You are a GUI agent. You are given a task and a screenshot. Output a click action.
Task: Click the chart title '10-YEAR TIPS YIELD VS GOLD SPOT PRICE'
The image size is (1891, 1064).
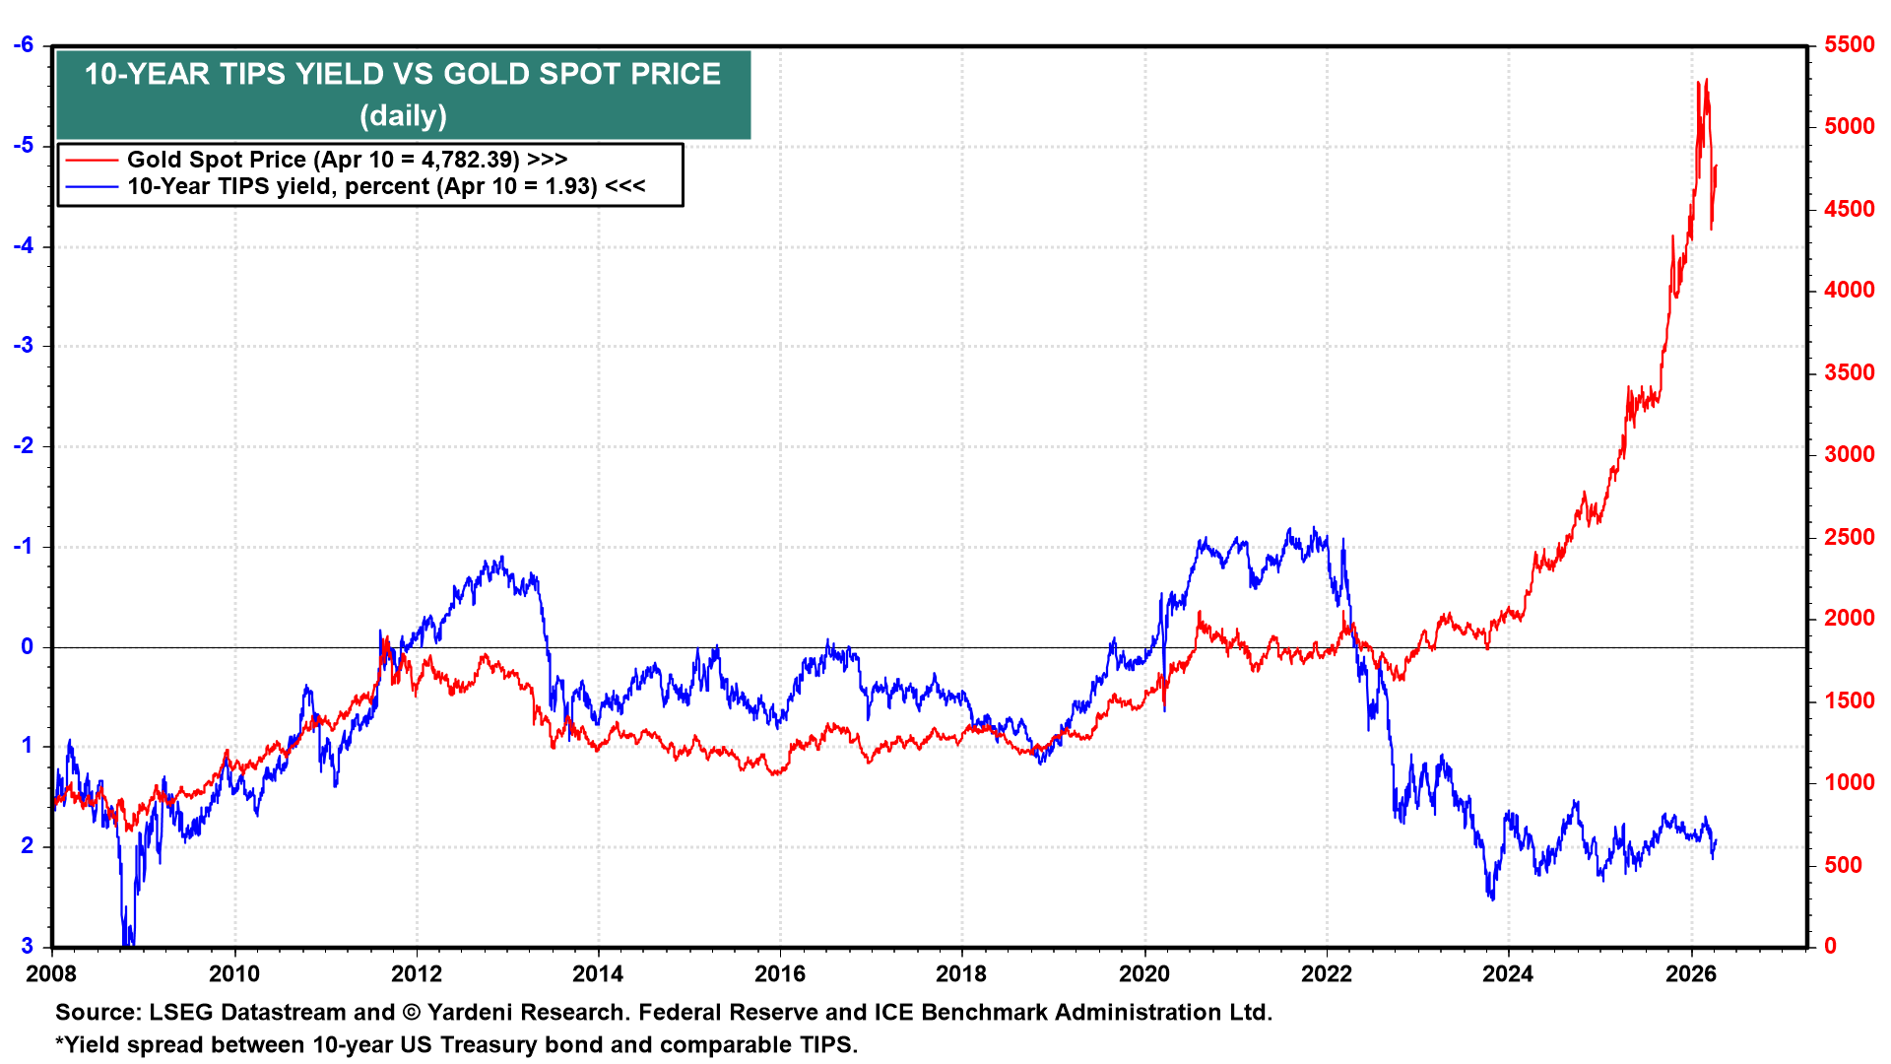point(402,74)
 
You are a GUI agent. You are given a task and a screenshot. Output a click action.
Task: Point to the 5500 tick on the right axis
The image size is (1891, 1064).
point(1849,45)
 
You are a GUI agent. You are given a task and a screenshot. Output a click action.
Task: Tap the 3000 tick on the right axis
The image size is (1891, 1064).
point(1849,454)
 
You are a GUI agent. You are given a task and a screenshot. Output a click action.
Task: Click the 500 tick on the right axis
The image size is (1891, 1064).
point(1843,865)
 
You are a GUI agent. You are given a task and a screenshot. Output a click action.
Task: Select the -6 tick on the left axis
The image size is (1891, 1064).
point(24,45)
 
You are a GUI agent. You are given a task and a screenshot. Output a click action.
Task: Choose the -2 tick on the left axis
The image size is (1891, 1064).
point(24,446)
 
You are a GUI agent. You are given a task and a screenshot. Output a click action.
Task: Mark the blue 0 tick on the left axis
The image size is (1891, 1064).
point(28,646)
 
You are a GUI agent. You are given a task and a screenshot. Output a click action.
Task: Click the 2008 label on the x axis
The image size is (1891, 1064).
point(51,974)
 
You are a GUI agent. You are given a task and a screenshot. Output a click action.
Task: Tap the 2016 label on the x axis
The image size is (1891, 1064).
point(779,974)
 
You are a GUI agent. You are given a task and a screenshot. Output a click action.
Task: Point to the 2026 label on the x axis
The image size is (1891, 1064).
point(1690,974)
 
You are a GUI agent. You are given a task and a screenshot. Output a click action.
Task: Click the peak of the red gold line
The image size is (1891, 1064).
point(1706,81)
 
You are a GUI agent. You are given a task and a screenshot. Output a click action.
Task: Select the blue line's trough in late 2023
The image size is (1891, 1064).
point(1492,898)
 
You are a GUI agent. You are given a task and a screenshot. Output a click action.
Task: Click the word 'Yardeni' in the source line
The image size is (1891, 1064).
point(472,1012)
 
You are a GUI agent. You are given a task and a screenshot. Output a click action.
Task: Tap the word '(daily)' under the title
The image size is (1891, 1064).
point(402,116)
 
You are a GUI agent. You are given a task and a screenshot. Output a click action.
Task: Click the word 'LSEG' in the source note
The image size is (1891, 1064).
point(181,1012)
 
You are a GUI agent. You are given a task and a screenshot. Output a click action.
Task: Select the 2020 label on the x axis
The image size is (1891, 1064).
point(1143,974)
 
